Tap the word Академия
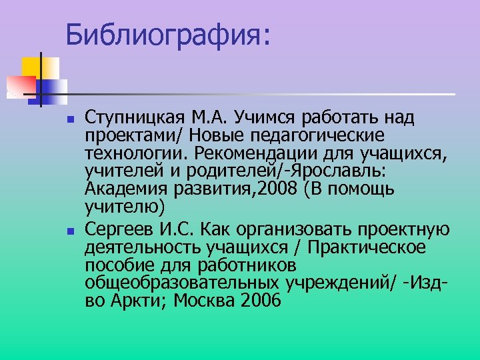123,188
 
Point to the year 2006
257,301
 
